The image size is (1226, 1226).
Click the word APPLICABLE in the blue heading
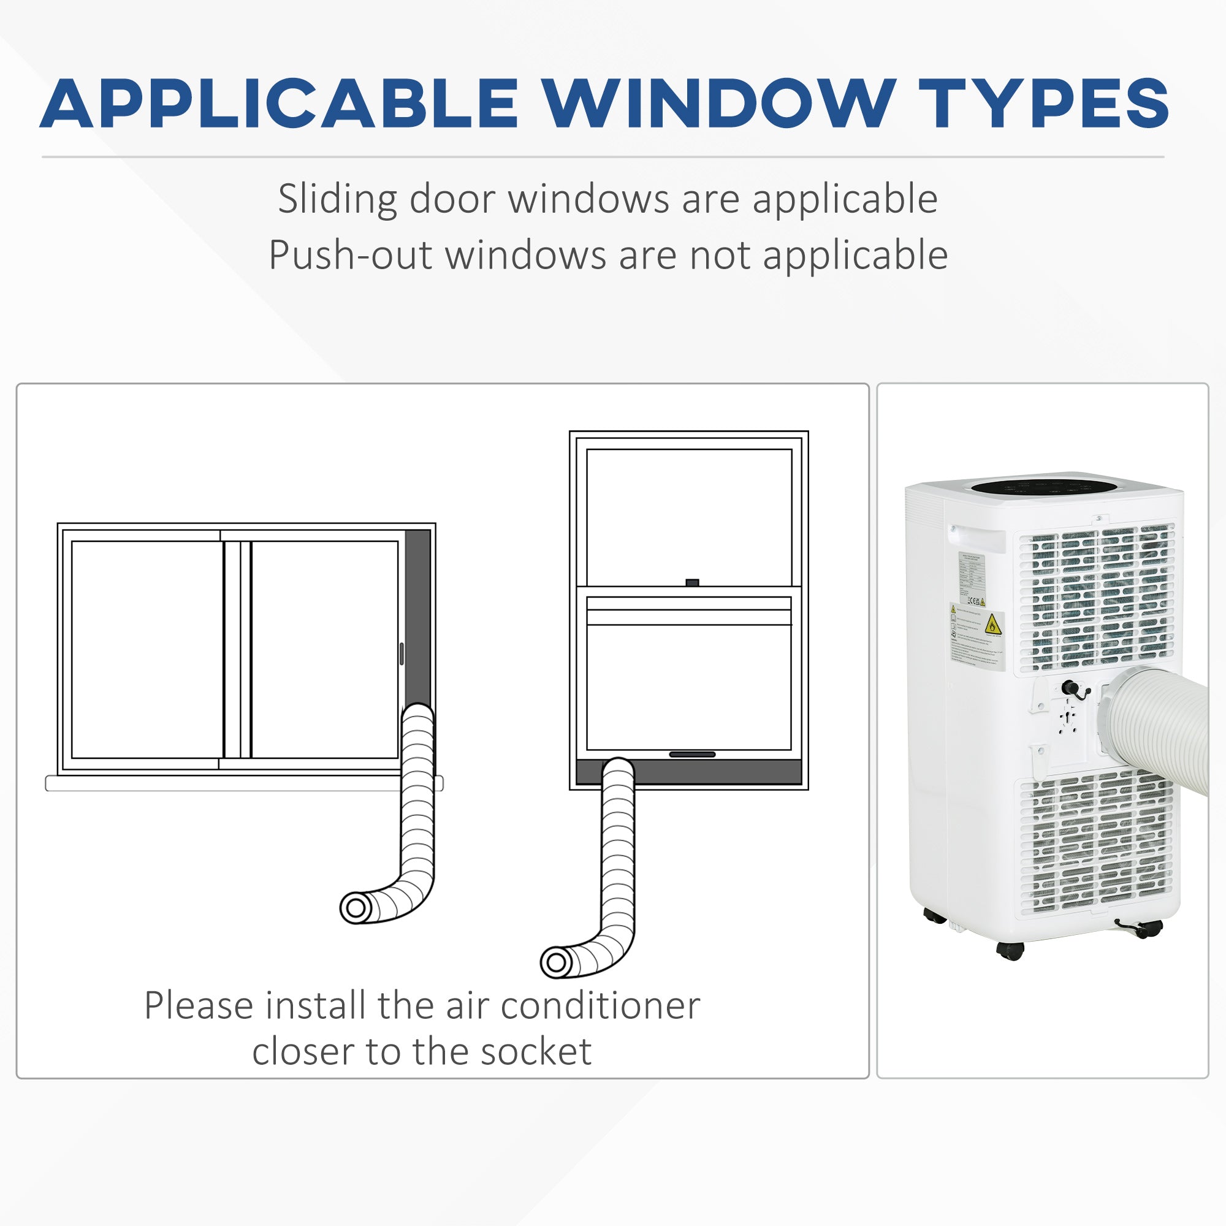(279, 104)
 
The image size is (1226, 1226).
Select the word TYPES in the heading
(1043, 104)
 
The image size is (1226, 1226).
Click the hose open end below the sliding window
(356, 908)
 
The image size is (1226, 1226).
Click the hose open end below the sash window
(557, 962)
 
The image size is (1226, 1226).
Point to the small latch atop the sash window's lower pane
(692, 582)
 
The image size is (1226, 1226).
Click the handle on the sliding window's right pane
(402, 653)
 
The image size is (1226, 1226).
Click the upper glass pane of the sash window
(689, 517)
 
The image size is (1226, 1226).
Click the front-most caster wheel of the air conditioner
(1010, 951)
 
